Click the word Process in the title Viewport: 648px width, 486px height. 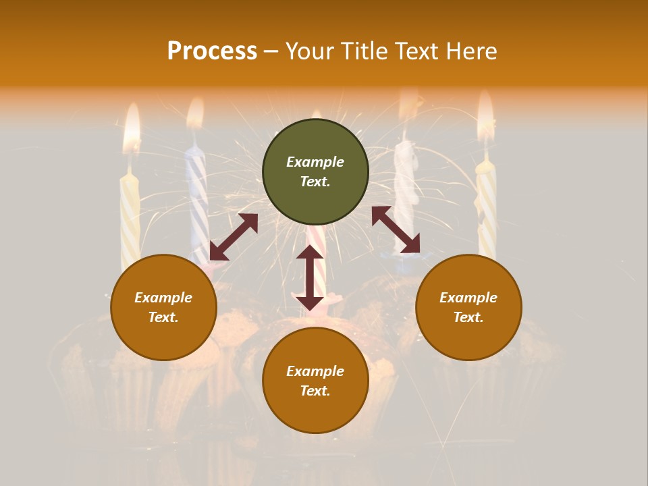tap(212, 51)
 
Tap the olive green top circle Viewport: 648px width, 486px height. tap(315, 172)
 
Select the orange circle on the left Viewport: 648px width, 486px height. tap(163, 307)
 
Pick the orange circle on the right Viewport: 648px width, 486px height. tap(468, 307)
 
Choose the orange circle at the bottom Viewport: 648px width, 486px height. tap(315, 381)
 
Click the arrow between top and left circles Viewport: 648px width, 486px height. tap(234, 237)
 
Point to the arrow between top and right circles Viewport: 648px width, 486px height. tap(396, 230)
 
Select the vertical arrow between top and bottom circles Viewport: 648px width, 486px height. tap(310, 278)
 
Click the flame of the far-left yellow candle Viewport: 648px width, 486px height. tap(132, 128)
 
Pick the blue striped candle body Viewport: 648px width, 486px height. tap(198, 202)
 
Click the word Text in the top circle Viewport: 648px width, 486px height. tap(315, 182)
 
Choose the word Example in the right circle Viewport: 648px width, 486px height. tap(468, 298)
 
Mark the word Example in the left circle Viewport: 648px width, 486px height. tap(163, 298)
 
